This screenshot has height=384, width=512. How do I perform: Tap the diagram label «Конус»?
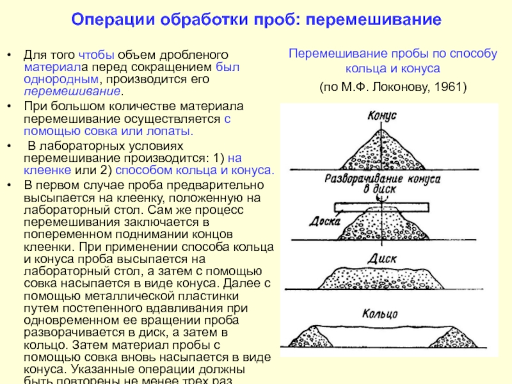point(382,115)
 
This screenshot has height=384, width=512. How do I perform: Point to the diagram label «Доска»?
point(316,223)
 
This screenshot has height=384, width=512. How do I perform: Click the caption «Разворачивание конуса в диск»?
point(382,183)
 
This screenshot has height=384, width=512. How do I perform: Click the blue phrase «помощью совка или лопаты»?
point(108,131)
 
